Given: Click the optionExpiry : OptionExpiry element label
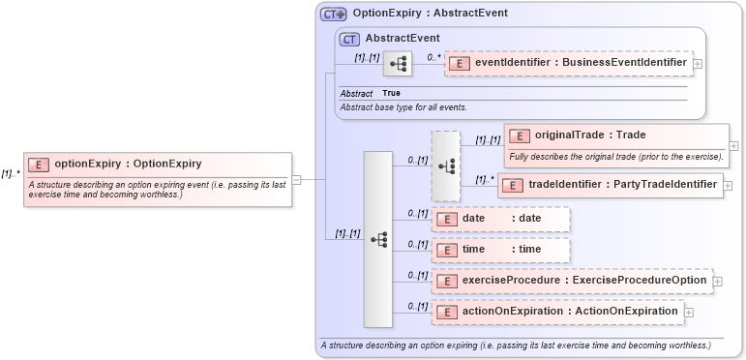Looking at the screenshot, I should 128,164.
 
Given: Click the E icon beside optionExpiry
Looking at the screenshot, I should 38,165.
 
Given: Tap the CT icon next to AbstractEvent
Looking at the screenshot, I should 349,39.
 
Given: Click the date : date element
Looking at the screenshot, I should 501,219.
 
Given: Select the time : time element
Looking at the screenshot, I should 501,250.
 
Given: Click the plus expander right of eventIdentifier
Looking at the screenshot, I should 699,64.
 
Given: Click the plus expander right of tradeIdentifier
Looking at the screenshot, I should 729,185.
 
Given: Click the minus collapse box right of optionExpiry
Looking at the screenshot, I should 297,179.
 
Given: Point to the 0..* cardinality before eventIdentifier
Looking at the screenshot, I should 433,57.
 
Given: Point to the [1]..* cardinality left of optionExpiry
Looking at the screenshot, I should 11,174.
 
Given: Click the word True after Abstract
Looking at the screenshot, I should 391,93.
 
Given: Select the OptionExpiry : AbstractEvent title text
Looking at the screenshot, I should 430,14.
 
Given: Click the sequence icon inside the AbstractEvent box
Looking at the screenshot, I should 397,65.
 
